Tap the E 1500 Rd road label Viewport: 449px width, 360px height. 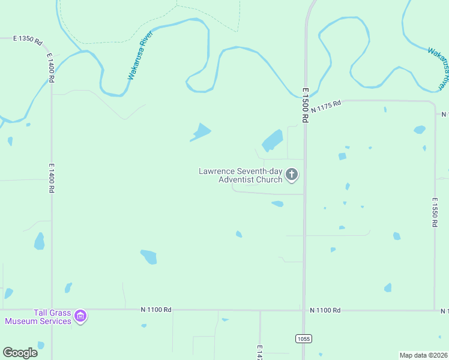tap(305, 105)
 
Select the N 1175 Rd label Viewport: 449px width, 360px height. tap(326, 107)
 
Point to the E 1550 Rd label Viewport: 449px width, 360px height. tap(434, 212)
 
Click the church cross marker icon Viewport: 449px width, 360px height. tap(292, 175)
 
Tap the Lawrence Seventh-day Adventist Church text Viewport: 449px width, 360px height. tap(241, 175)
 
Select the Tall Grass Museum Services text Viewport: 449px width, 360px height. tap(38, 317)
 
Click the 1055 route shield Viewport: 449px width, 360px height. tap(304, 339)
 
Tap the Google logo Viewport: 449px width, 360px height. tap(20, 352)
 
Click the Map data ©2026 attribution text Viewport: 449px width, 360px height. tap(423, 355)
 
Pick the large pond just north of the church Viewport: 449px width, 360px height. tap(273, 140)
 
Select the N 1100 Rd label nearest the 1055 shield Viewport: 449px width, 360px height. tap(325, 310)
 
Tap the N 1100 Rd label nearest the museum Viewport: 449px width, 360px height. tap(156, 310)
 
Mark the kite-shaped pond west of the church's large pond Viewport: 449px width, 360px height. tap(202, 131)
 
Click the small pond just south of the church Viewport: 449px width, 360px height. tap(277, 204)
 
